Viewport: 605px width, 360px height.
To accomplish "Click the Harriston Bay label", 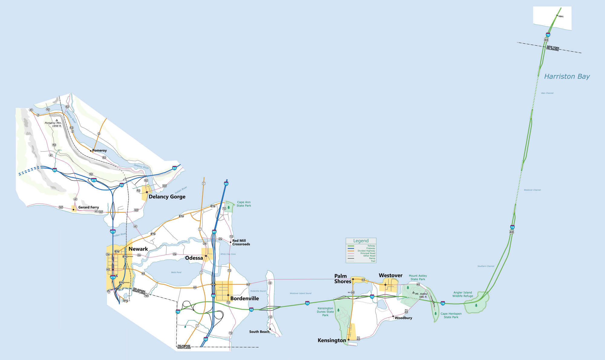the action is pyautogui.click(x=567, y=76).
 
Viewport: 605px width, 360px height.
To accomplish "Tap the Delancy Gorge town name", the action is pyautogui.click(x=167, y=197).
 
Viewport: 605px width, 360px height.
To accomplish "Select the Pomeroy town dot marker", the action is pyautogui.click(x=91, y=151).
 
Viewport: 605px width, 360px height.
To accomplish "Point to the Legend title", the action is pyautogui.click(x=361, y=241).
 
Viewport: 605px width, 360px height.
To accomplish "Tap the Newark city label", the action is pyautogui.click(x=138, y=249).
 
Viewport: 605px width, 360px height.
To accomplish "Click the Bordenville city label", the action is pyautogui.click(x=244, y=299).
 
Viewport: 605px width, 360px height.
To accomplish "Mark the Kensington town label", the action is pyautogui.click(x=332, y=340).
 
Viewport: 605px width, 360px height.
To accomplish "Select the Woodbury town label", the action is pyautogui.click(x=403, y=318).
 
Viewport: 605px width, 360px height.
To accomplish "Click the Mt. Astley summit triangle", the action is pyautogui.click(x=414, y=292).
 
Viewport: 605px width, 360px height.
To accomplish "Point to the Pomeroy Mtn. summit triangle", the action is pyautogui.click(x=57, y=120).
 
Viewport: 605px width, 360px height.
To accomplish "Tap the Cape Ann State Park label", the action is pyautogui.click(x=244, y=204).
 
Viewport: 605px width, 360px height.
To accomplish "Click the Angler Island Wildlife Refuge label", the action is pyautogui.click(x=463, y=294).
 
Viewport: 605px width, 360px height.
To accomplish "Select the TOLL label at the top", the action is pyautogui.click(x=561, y=16).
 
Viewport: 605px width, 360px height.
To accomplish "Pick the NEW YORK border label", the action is pyautogui.click(x=553, y=47).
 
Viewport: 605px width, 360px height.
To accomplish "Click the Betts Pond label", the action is pyautogui.click(x=176, y=272).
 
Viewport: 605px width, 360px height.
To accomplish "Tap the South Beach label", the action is pyautogui.click(x=259, y=332).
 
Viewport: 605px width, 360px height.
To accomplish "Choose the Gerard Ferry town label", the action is pyautogui.click(x=88, y=207).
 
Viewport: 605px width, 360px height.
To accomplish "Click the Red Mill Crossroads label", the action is pyautogui.click(x=241, y=242).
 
